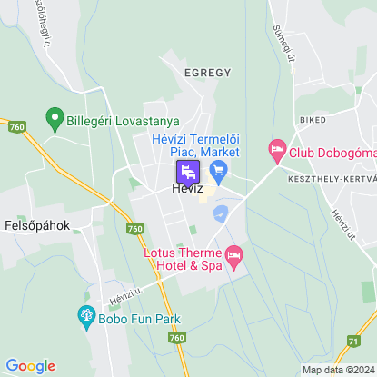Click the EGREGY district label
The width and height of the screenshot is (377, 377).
click(207, 72)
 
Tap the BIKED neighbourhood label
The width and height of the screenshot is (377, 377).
click(311, 119)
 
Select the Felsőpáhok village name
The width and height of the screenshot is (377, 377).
click(37, 223)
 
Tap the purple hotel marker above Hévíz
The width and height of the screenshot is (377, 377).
click(186, 171)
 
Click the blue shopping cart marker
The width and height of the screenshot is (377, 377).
click(217, 170)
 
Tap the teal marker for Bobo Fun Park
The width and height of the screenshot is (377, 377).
click(86, 316)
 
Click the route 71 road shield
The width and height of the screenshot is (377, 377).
click(352, 341)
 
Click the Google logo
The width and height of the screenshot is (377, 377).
click(30, 365)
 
